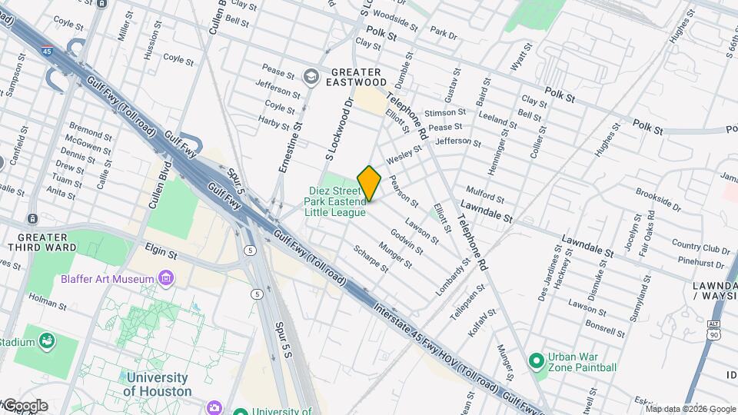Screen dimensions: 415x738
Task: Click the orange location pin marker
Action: pyautogui.click(x=369, y=183)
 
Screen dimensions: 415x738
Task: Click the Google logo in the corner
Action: pyautogui.click(x=25, y=406)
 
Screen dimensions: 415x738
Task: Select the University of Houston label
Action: pyautogui.click(x=157, y=384)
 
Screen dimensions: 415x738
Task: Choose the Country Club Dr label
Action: pyautogui.click(x=700, y=247)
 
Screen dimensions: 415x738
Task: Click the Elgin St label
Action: pyautogui.click(x=161, y=251)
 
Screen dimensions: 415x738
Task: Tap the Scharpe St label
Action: pyautogui.click(x=371, y=258)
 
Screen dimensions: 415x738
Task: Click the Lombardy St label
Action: pyautogui.click(x=454, y=277)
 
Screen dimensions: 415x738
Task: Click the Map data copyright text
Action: pyautogui.click(x=691, y=409)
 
